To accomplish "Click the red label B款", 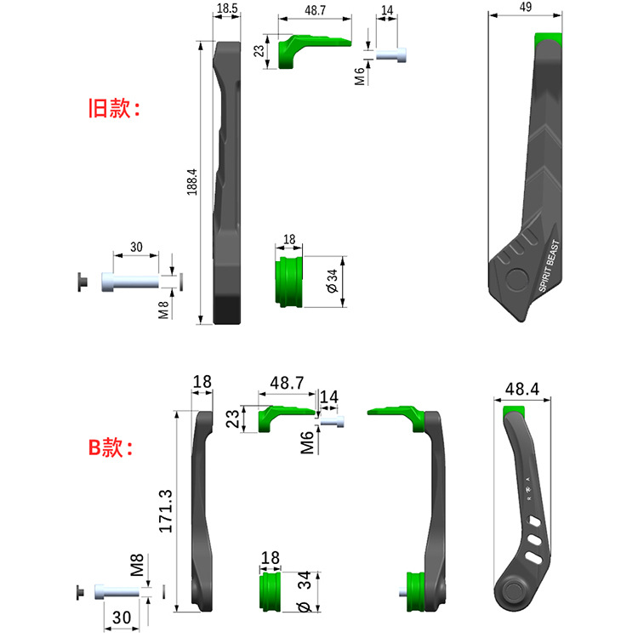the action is point(111,447).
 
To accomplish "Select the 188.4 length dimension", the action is point(192,182).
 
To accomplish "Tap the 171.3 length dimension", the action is point(166,511).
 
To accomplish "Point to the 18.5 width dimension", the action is point(227,9).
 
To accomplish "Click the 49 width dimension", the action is point(526,7).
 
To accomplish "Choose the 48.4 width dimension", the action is point(522,390).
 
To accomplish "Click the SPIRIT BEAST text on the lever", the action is point(550,266).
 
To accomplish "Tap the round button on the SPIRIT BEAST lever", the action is point(516,280).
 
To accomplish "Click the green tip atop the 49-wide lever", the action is point(549,38).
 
